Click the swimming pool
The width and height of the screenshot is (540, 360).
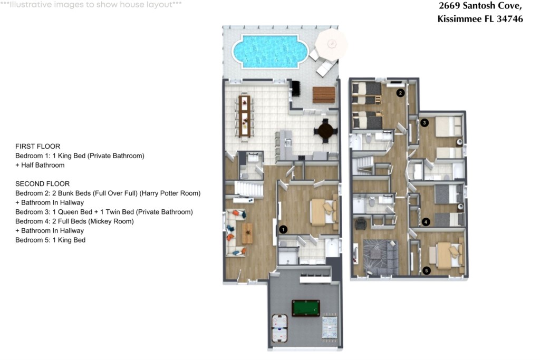[271, 52]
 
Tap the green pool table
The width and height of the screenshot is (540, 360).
[305, 308]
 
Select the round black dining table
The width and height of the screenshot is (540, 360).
[325, 131]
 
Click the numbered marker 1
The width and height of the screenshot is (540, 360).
[283, 229]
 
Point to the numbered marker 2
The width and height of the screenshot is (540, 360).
[400, 93]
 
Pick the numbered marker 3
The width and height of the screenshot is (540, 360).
[425, 122]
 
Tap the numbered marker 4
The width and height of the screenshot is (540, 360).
[426, 222]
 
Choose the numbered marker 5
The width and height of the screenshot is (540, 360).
[426, 270]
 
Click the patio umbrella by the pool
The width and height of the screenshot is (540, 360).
[331, 44]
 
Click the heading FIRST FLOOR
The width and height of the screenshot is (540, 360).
[38, 147]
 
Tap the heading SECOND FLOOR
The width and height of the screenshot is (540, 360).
[42, 184]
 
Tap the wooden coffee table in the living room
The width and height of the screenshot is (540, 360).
[247, 233]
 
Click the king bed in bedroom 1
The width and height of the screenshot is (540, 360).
[324, 212]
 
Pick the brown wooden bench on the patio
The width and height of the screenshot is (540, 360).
[324, 95]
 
